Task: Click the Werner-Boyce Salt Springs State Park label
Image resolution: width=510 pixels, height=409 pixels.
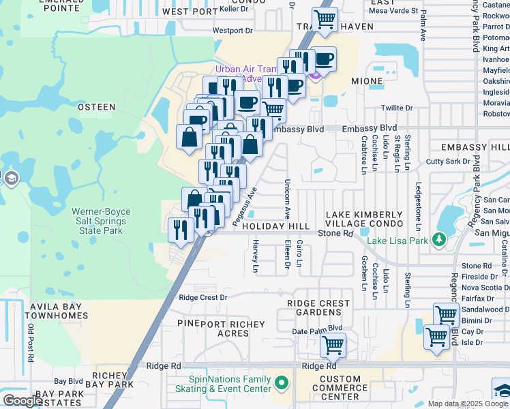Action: tap(101, 222)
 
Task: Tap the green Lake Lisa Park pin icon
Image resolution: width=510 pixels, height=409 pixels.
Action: tap(440, 239)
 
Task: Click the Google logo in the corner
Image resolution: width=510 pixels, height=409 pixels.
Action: tap(22, 401)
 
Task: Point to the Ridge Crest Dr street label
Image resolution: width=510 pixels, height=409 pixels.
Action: tap(202, 297)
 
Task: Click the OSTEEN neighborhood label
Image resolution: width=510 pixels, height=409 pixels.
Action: tap(96, 107)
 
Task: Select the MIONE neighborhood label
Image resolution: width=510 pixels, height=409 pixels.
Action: tap(367, 80)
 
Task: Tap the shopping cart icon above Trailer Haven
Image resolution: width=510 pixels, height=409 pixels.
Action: tap(325, 18)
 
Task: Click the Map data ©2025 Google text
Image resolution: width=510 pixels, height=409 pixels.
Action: tap(468, 404)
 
